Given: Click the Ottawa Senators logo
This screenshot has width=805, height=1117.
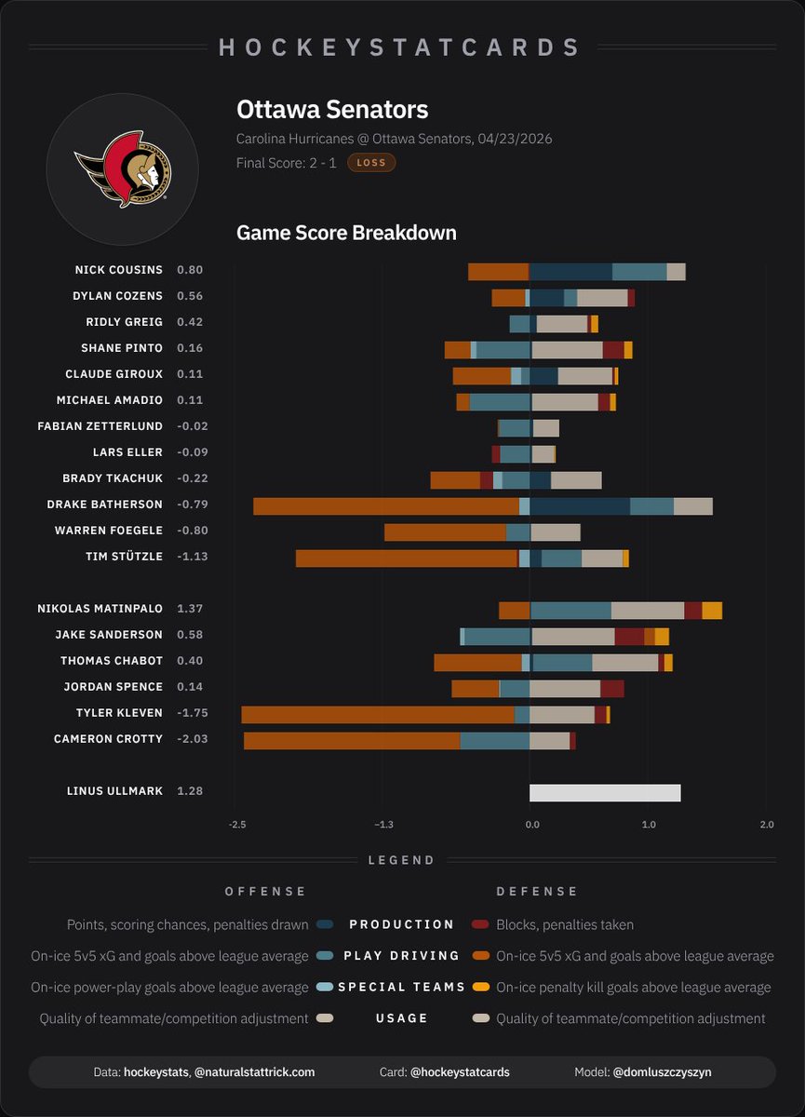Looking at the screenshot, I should point(123,168).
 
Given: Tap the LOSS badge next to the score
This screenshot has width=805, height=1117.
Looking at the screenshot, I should point(371,163).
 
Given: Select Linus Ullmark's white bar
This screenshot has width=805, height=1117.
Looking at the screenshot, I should point(605,793).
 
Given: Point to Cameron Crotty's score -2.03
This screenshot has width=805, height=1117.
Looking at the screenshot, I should point(190,739).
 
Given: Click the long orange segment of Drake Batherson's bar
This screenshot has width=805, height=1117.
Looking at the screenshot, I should point(386,506).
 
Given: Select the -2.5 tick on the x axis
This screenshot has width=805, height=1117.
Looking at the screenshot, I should point(237,825).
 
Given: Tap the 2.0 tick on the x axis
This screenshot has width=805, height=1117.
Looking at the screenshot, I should point(767,825).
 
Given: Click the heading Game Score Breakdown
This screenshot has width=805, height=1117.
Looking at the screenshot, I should point(346,233).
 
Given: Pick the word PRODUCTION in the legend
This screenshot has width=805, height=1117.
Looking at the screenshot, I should point(401,924).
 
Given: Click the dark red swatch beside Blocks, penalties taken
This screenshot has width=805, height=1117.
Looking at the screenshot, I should point(480,924).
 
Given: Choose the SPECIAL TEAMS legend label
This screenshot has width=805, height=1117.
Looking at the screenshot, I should point(401,987).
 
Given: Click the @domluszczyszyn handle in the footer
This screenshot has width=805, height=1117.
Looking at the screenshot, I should point(662,1072).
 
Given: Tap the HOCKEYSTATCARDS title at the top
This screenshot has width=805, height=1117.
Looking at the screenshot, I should point(401,47).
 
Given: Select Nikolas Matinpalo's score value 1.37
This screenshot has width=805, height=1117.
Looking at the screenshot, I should point(189,609).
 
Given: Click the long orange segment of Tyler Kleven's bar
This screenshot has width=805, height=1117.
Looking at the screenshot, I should point(377,715).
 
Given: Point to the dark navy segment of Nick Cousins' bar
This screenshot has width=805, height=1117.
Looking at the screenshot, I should point(570,272).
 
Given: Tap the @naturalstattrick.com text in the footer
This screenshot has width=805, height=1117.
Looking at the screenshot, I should point(254,1072).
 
